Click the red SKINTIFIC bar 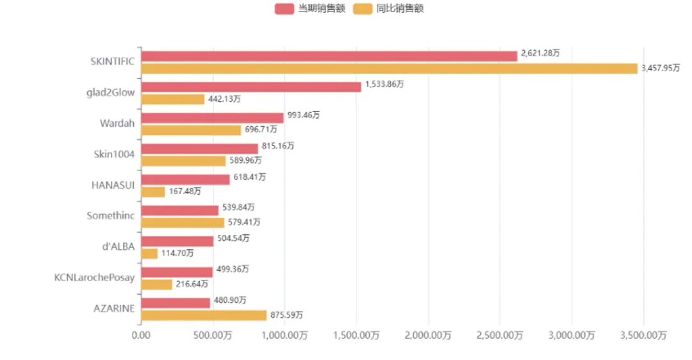pyautogui.click(x=329, y=56)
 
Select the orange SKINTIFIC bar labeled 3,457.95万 pyautogui.click(x=389, y=69)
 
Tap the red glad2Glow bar pyautogui.click(x=251, y=87)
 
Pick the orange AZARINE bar pyautogui.click(x=203, y=315)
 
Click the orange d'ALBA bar pyautogui.click(x=149, y=254)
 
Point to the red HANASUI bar pyautogui.click(x=185, y=179)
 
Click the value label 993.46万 pyautogui.click(x=303, y=115)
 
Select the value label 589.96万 pyautogui.click(x=245, y=160)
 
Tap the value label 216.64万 pyautogui.click(x=192, y=284)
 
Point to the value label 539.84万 pyautogui.click(x=238, y=208)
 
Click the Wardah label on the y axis pyautogui.click(x=117, y=123)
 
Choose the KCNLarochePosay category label pyautogui.click(x=95, y=277)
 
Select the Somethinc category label pyautogui.click(x=111, y=216)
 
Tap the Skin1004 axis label pyautogui.click(x=114, y=154)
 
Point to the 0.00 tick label pyautogui.click(x=141, y=335)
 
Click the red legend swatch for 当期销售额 pyautogui.click(x=284, y=8)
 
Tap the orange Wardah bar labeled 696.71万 pyautogui.click(x=190, y=130)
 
